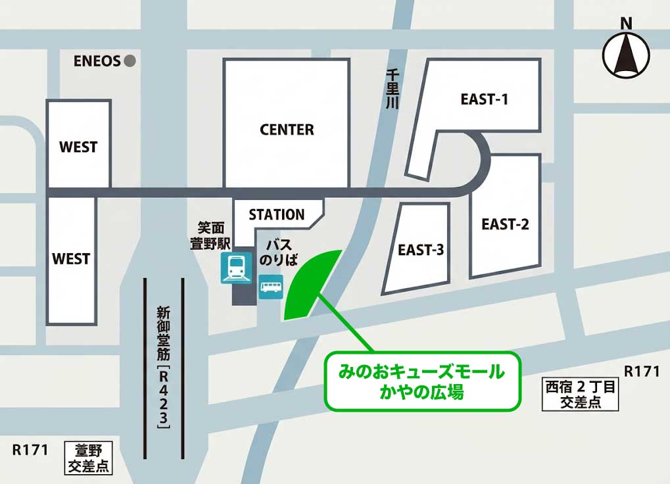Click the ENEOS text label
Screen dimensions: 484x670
click(x=97, y=61)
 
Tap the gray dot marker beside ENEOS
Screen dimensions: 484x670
click(x=130, y=61)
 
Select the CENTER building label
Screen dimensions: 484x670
click(x=287, y=130)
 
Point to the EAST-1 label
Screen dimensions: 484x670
click(x=485, y=99)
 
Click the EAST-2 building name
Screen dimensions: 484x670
click(x=505, y=224)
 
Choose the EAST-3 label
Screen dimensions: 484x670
click(x=421, y=250)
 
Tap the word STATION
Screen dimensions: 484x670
click(x=276, y=214)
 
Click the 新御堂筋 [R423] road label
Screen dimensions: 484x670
click(x=164, y=369)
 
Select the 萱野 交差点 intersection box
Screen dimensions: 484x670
click(x=88, y=458)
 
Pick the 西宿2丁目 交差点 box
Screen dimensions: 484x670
click(x=580, y=395)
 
